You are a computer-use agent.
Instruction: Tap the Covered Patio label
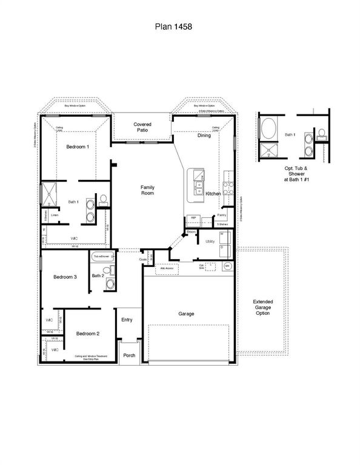click(x=142, y=127)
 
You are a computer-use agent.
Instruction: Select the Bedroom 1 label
click(x=78, y=147)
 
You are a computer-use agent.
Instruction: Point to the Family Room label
click(x=148, y=190)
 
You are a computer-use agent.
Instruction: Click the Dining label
click(x=204, y=136)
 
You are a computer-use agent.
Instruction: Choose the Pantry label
click(x=222, y=215)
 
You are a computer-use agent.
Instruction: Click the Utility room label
click(x=210, y=241)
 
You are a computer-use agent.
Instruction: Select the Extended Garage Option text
click(x=262, y=307)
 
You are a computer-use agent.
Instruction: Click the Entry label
click(x=127, y=320)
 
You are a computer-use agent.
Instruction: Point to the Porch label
click(x=128, y=355)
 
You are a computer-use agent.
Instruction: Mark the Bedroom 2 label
click(x=88, y=334)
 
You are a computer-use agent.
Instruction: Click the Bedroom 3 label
click(x=65, y=277)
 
